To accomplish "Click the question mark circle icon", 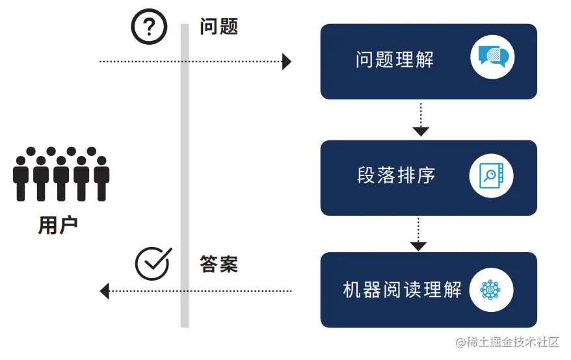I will point(150,27).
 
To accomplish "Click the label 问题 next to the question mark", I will point(219,27).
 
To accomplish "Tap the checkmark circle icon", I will point(153,263).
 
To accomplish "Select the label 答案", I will point(219,264).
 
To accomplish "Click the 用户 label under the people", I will point(58,225).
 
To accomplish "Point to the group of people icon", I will point(61,174).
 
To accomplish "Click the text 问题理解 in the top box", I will point(395,60).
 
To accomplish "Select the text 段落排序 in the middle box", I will point(396,175).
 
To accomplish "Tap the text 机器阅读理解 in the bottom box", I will point(402,289).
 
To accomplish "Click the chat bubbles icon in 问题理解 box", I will point(492,57).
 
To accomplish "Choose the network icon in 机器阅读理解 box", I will point(491,289).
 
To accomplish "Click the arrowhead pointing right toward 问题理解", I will point(287,62).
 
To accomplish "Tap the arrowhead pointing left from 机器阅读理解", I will point(105,291).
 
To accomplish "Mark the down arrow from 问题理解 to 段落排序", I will point(421,130).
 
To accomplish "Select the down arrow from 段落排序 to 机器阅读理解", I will point(418,245).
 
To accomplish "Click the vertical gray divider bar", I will point(185,175).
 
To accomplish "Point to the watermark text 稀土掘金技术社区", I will point(512,342).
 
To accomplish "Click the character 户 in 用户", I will point(68,225).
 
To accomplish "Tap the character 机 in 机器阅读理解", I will point(352,289).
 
